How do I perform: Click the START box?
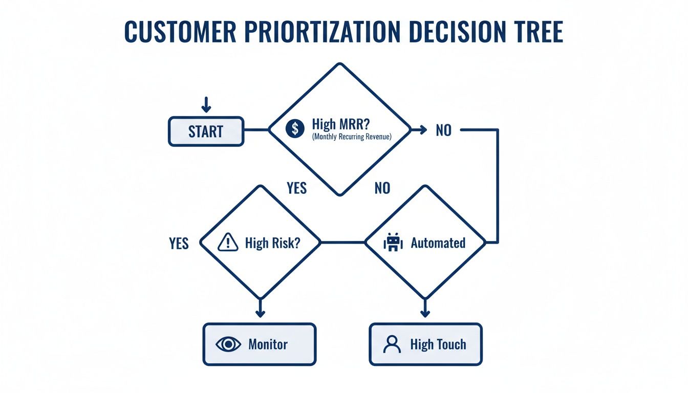click(x=206, y=132)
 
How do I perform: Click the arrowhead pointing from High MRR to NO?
click(x=422, y=130)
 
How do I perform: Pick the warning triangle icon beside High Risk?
click(x=228, y=243)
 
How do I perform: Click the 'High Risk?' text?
click(x=272, y=243)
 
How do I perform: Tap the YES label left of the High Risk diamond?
click(x=179, y=244)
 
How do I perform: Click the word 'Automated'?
click(x=438, y=243)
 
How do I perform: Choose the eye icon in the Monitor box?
click(x=228, y=344)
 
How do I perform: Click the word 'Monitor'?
click(x=268, y=344)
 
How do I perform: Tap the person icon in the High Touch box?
click(x=392, y=344)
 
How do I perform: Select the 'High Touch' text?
click(x=438, y=344)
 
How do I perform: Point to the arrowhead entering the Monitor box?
click(x=260, y=313)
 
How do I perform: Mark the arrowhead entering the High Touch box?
click(x=424, y=313)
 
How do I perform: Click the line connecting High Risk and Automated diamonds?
click(x=342, y=243)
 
